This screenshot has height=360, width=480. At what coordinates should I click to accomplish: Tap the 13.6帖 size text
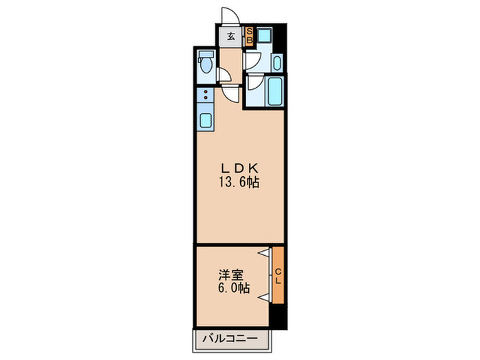(240, 183)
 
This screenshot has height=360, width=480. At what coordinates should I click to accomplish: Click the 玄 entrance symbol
(231, 36)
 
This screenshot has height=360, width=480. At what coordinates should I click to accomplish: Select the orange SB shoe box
(250, 36)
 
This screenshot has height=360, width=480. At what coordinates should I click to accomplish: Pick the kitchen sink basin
(206, 121)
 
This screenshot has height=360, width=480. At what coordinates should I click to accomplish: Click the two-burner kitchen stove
(205, 95)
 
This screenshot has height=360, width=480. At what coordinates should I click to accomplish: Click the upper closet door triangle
(263, 254)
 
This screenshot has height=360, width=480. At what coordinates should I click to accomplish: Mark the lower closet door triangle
(263, 298)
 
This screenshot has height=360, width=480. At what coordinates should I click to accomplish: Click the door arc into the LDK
(233, 95)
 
